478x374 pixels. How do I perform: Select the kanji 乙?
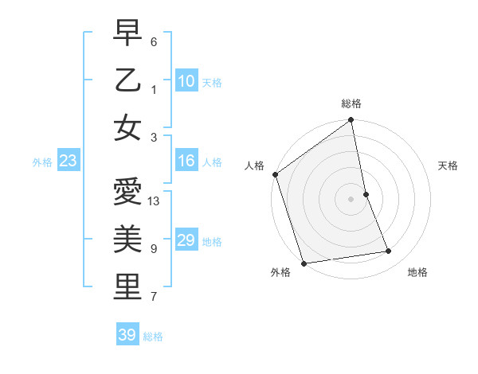127,80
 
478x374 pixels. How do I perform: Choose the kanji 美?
127,240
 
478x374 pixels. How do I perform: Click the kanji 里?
127,287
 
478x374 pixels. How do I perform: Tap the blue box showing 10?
186,80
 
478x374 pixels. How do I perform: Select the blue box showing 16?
186,162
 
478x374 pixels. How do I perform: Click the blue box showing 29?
186,240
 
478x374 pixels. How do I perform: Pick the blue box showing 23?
69,162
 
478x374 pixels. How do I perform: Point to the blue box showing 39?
127,335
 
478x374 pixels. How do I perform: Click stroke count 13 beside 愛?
155,201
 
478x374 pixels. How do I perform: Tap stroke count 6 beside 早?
154,41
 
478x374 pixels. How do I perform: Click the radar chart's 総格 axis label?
351,104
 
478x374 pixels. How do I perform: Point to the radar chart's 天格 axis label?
448,166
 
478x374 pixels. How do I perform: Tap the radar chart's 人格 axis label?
254,166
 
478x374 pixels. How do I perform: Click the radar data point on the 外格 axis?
304,263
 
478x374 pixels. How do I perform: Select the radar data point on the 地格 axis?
389,251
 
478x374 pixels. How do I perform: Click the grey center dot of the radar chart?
351,198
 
